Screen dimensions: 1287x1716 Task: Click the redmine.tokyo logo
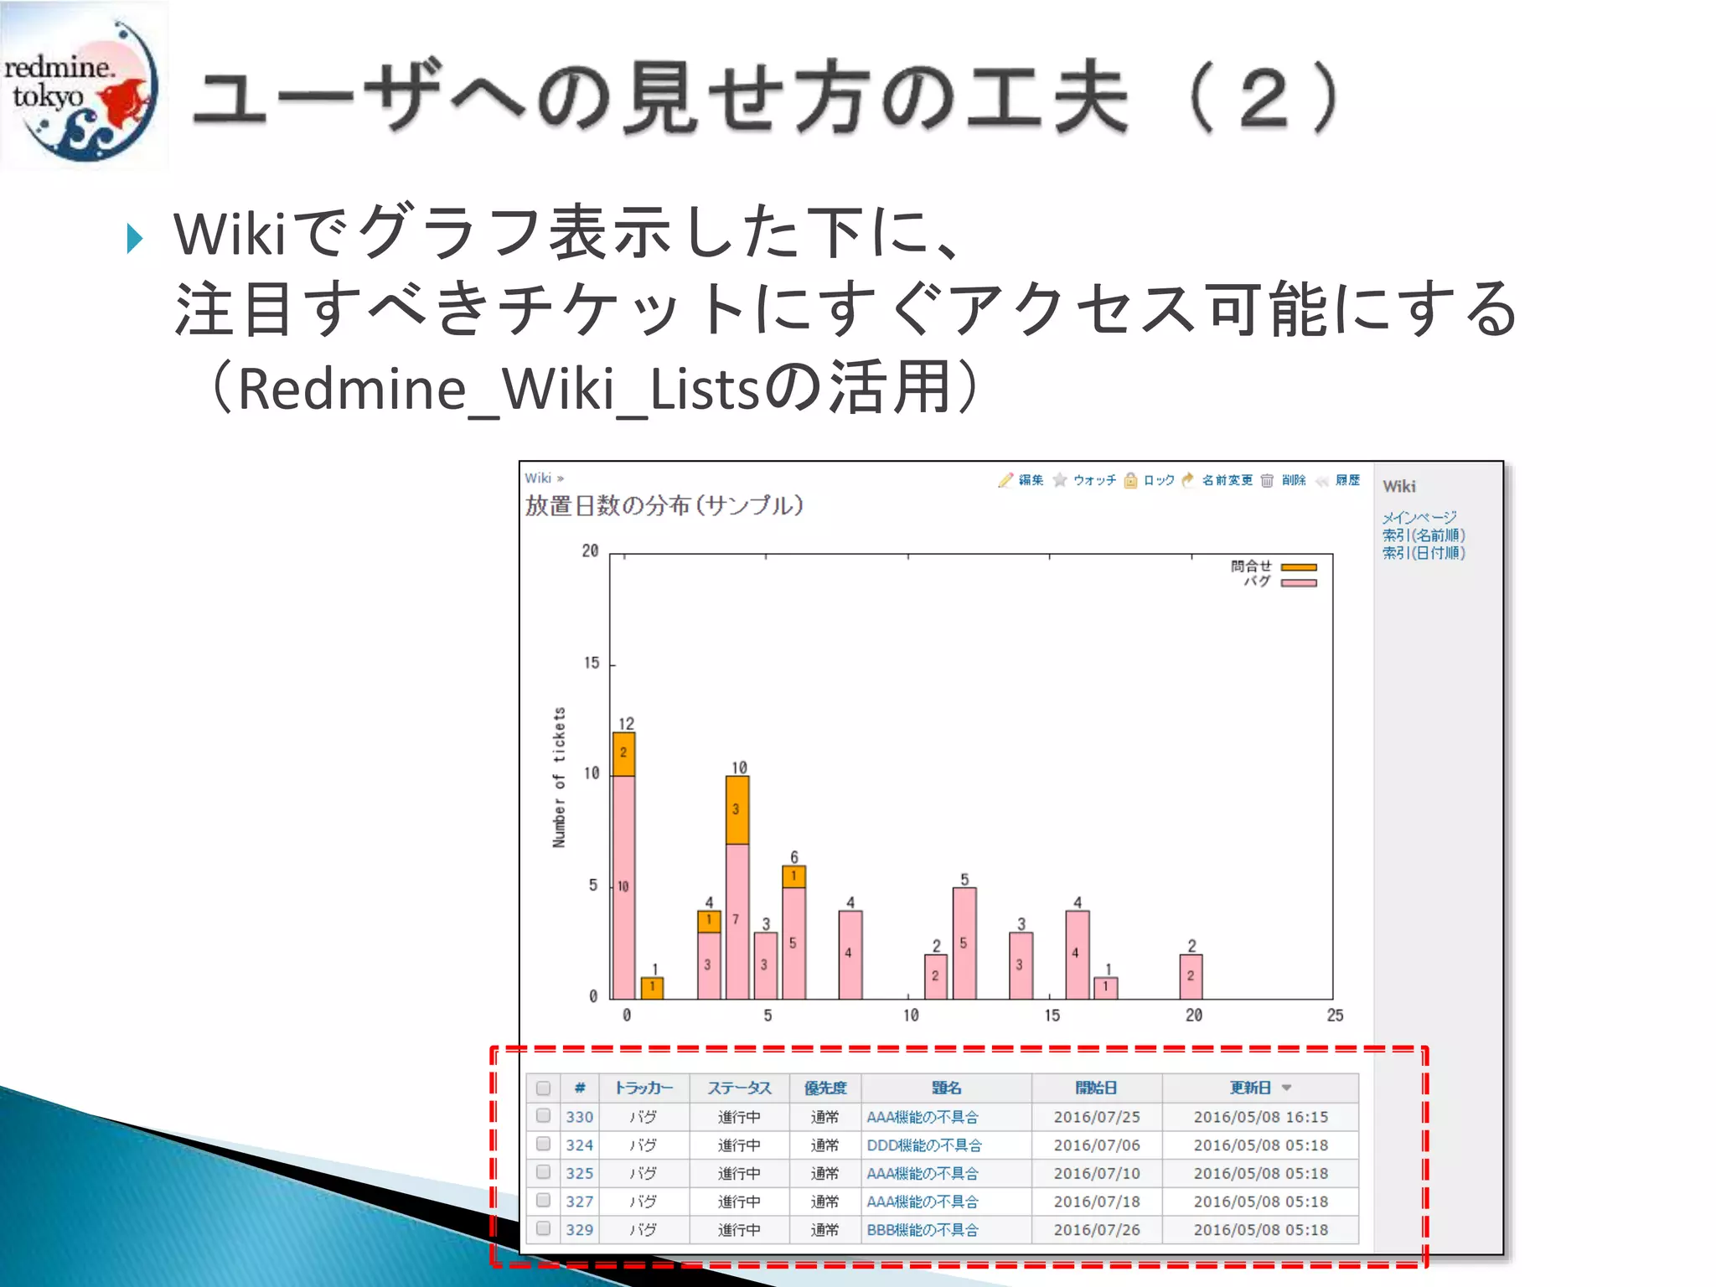point(82,86)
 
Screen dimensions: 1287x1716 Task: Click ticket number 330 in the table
point(579,1117)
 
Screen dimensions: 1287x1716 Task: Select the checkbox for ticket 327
point(544,1200)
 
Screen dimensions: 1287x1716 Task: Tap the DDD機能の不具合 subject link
point(924,1145)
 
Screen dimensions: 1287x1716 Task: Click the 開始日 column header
point(1096,1088)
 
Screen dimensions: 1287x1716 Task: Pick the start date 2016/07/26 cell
point(1097,1230)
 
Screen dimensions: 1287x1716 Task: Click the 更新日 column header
point(1250,1088)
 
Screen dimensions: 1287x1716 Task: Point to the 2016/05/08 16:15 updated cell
point(1260,1117)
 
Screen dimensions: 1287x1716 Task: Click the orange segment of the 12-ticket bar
point(623,753)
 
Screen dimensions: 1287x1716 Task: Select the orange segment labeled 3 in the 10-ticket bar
point(737,809)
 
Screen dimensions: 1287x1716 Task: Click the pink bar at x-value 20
point(1191,976)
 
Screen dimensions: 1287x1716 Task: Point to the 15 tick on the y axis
point(592,664)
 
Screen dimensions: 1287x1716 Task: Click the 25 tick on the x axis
point(1335,1016)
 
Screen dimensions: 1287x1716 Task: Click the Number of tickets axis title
point(559,777)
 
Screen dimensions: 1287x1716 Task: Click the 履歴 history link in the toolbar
point(1347,480)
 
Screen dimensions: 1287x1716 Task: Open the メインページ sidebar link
point(1419,517)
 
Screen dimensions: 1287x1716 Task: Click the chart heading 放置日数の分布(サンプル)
point(664,506)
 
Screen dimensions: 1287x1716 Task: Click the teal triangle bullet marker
point(135,239)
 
